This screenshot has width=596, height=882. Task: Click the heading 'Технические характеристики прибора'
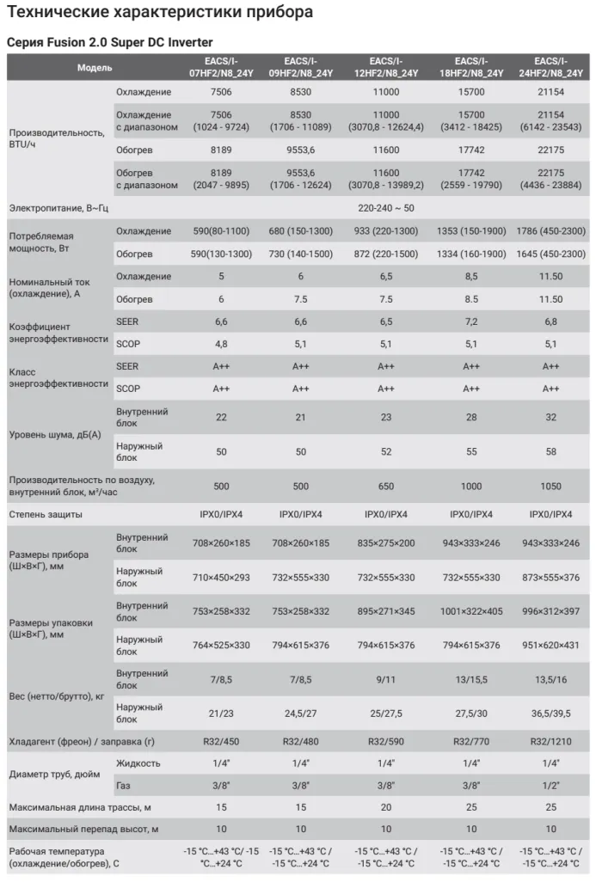tap(160, 13)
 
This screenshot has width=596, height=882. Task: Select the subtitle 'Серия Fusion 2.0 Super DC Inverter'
tap(109, 42)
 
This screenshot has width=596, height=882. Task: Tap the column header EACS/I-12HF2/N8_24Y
tap(386, 67)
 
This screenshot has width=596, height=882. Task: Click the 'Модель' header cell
tap(94, 67)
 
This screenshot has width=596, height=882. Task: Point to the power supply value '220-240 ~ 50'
tap(386, 207)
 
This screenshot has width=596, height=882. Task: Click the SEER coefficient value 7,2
tap(471, 322)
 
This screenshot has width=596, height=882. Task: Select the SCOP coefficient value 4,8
tap(221, 344)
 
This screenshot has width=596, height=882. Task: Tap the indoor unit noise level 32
tap(550, 416)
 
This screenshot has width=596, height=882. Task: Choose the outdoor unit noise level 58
tap(550, 451)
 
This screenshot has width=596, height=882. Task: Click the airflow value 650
tap(386, 486)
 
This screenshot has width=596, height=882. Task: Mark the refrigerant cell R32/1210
tap(550, 740)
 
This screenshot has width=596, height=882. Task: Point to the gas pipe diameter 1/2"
tap(550, 785)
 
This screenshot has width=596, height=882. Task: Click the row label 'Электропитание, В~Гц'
tap(59, 207)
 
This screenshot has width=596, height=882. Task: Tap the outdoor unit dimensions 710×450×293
tap(221, 578)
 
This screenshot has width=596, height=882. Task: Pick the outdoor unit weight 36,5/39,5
tap(550, 712)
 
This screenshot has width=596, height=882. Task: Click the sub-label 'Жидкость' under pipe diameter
tap(138, 763)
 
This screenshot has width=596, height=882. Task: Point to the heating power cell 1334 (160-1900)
tap(471, 254)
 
